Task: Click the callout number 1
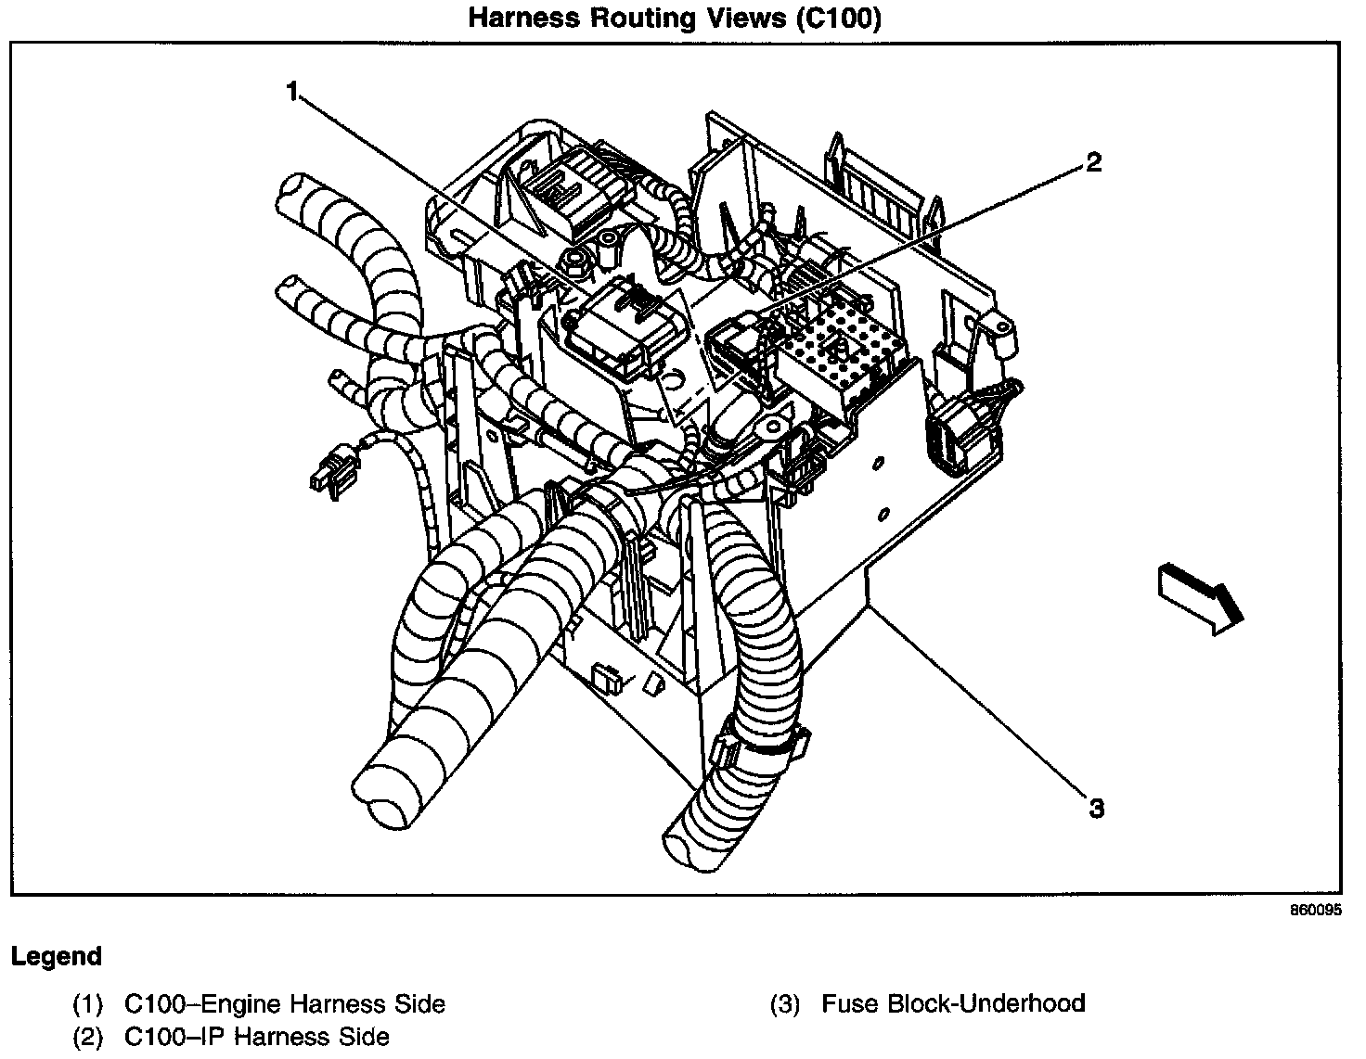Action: (292, 92)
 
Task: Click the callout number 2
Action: (1094, 162)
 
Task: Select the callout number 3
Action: (1096, 809)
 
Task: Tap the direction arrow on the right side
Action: (1200, 598)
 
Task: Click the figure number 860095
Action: (1316, 910)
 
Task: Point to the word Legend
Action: (57, 957)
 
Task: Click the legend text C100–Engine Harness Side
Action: (285, 1003)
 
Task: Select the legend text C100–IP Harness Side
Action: (256, 1037)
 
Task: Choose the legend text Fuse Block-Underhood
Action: (954, 1003)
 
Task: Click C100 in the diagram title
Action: (839, 19)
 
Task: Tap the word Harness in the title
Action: (524, 19)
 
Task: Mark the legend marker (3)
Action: (785, 1004)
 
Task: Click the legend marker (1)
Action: (87, 1004)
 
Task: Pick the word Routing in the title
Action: (643, 19)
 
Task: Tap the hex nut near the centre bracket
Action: (576, 263)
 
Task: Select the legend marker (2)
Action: (87, 1038)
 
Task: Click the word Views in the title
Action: (745, 19)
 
